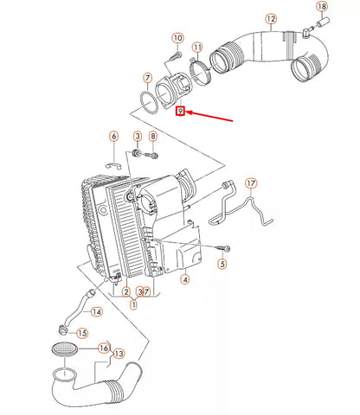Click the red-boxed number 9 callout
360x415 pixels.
tap(179, 112)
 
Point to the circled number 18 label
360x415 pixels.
tap(321, 8)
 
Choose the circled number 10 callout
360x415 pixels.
tap(177, 38)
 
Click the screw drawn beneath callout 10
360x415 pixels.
tap(171, 55)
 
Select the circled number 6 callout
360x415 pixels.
tap(112, 136)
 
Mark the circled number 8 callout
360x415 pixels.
tap(153, 137)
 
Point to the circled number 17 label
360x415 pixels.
tap(251, 183)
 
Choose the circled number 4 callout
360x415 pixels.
tap(184, 279)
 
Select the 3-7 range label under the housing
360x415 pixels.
tap(144, 293)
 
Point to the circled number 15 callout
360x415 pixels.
tap(82, 333)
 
